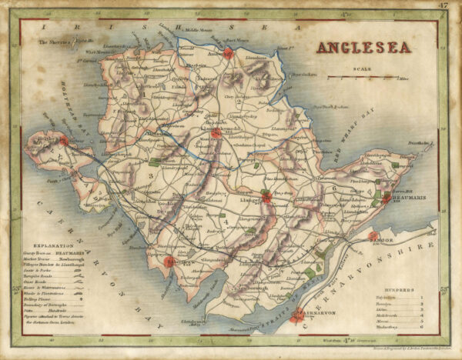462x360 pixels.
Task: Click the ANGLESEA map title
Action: pos(363,47)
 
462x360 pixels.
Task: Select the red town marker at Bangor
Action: pos(373,236)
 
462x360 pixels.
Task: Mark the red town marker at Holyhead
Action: pos(63,141)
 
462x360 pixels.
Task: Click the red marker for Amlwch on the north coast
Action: pos(227,53)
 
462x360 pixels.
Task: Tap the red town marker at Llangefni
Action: pos(266,198)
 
